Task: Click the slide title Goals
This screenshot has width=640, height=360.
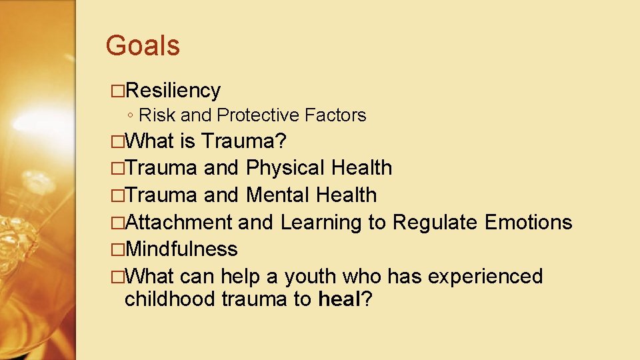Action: click(143, 46)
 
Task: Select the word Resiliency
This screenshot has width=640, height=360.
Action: click(173, 90)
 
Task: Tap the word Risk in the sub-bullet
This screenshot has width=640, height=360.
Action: click(157, 115)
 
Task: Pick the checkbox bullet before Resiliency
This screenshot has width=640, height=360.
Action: click(118, 91)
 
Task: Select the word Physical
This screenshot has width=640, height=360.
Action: click(285, 168)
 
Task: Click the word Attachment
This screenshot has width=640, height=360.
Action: click(178, 222)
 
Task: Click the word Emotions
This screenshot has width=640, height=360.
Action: click(529, 222)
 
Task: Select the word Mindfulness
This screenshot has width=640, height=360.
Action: click(181, 249)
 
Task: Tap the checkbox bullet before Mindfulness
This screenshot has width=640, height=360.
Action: click(118, 249)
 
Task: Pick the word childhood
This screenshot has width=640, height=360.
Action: click(170, 299)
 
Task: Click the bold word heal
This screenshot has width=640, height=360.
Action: click(339, 299)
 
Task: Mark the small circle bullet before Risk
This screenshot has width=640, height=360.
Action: click(131, 116)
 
